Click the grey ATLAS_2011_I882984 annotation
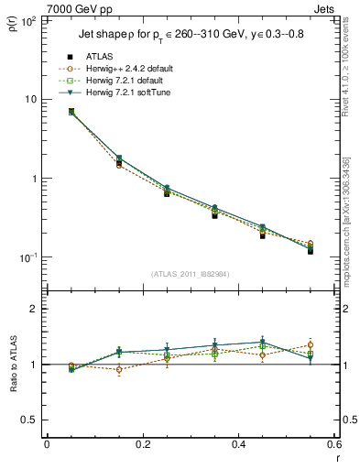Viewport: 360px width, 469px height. click(x=190, y=274)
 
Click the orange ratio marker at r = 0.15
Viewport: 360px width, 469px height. click(x=119, y=370)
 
